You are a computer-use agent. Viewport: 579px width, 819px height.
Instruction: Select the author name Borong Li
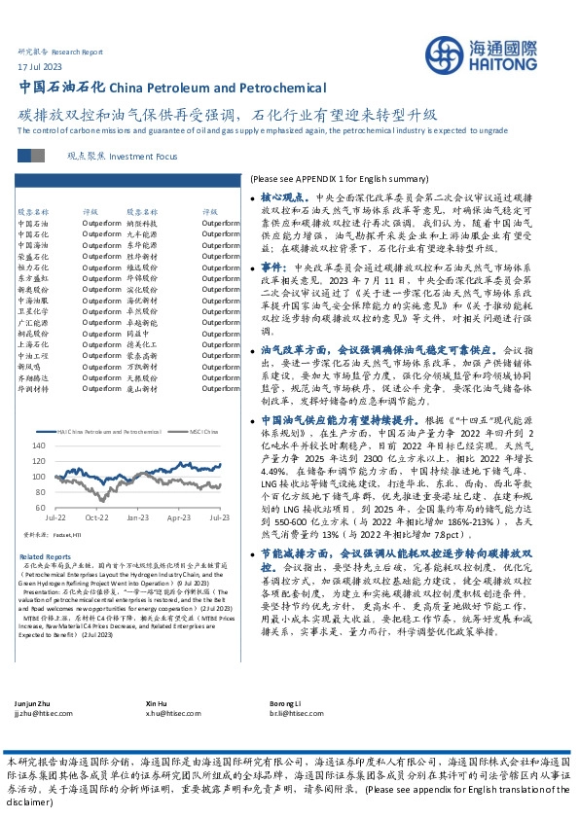point(285,702)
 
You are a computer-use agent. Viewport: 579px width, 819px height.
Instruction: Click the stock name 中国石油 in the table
point(32,223)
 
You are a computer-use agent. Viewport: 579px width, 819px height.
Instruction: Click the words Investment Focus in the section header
point(145,156)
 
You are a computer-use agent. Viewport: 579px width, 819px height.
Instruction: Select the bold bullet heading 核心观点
point(277,196)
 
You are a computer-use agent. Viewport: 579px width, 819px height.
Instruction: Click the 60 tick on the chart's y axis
point(37,508)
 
